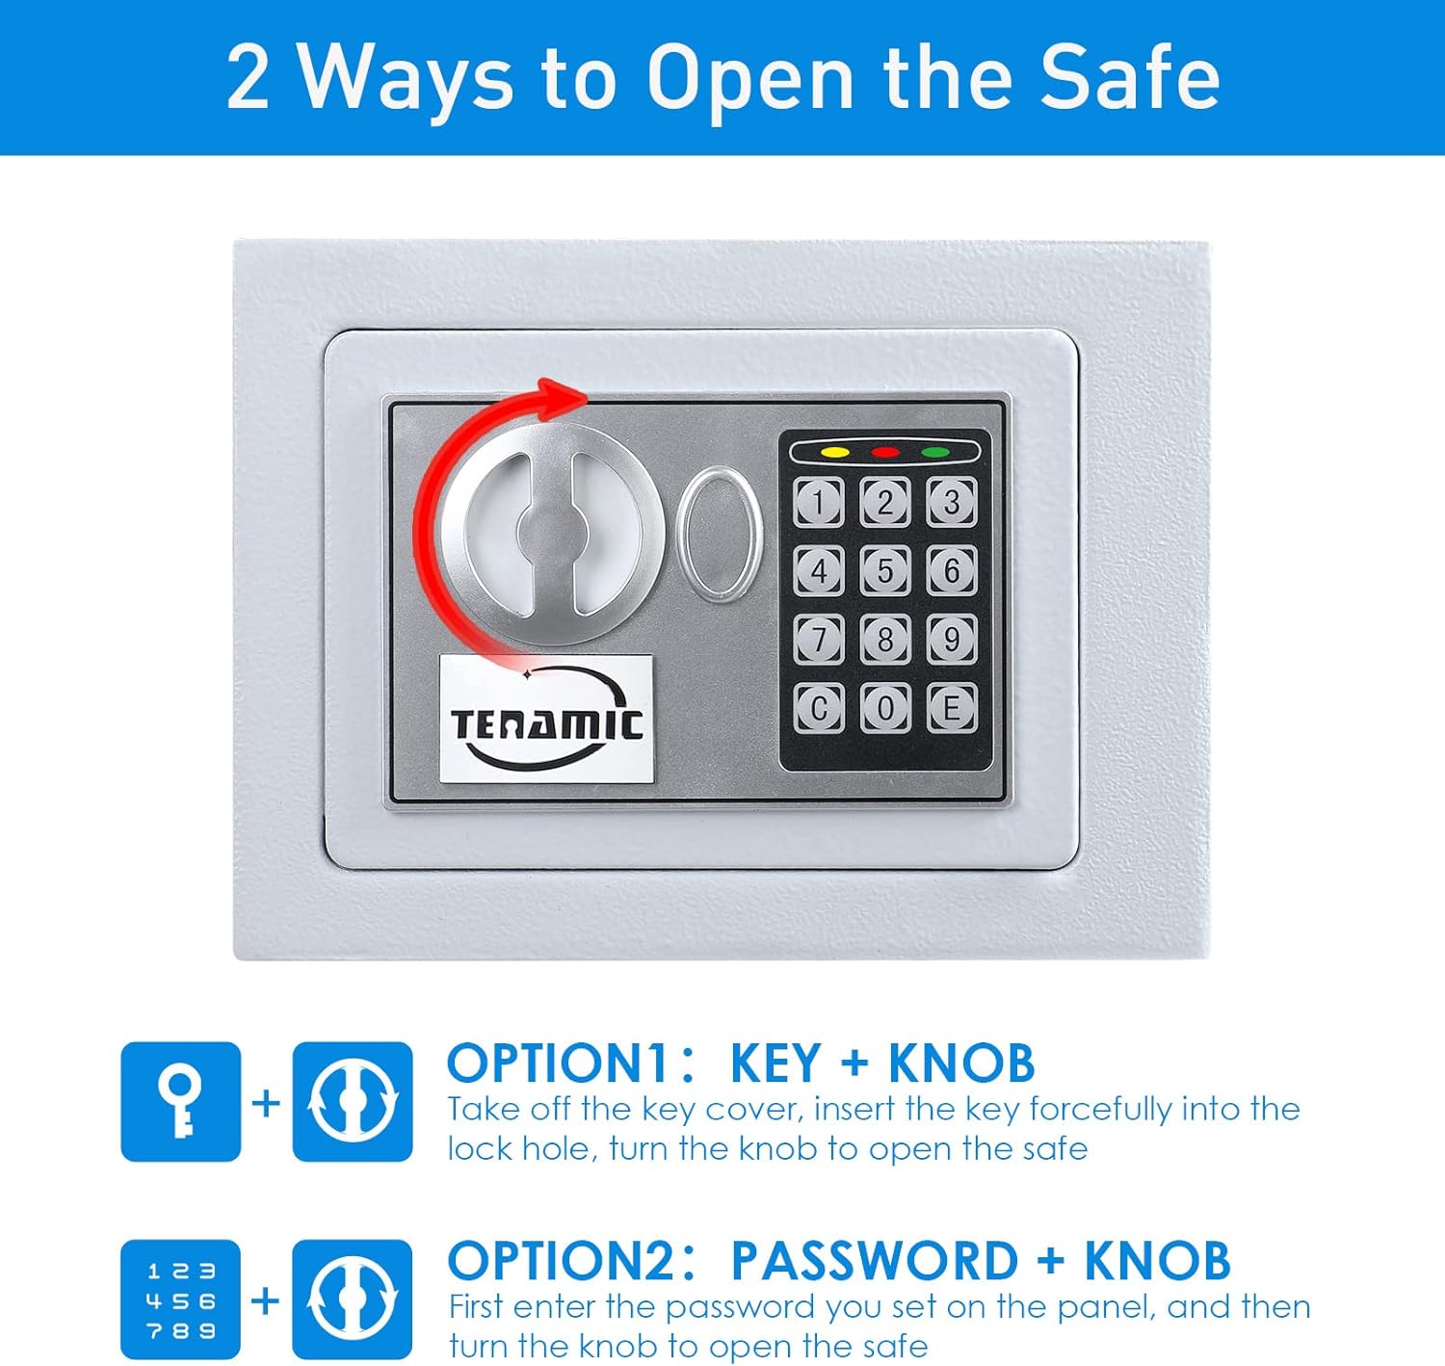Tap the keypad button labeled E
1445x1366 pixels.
(x=952, y=708)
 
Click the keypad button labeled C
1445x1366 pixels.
(x=819, y=708)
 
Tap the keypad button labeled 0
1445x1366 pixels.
(x=885, y=708)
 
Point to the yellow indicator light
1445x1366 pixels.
(x=834, y=452)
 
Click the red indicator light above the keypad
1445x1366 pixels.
(x=885, y=452)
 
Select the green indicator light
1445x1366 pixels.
(x=935, y=452)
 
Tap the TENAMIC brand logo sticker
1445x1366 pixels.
(x=546, y=719)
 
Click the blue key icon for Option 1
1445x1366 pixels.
(x=180, y=1101)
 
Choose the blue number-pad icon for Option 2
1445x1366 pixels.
(x=180, y=1300)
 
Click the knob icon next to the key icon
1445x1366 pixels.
(x=353, y=1101)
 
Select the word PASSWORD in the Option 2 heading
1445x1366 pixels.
(x=874, y=1261)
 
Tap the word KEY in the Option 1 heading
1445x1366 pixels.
(x=775, y=1064)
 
